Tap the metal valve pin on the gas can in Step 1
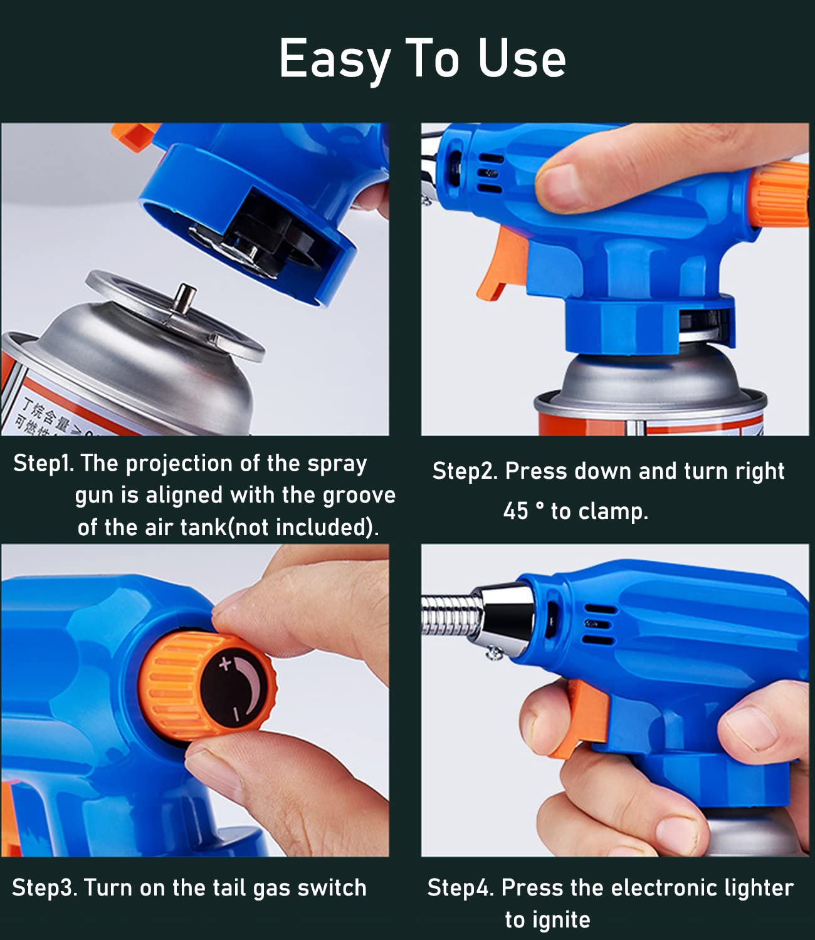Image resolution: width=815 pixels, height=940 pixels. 185,298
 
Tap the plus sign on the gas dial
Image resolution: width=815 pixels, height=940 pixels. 225,664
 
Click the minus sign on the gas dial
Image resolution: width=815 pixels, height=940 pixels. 236,714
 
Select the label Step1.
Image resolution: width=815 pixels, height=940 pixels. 43,464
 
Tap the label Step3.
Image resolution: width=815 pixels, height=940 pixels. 44,888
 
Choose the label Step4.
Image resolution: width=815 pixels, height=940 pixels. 461,888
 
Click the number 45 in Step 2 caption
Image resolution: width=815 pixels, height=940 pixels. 516,511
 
